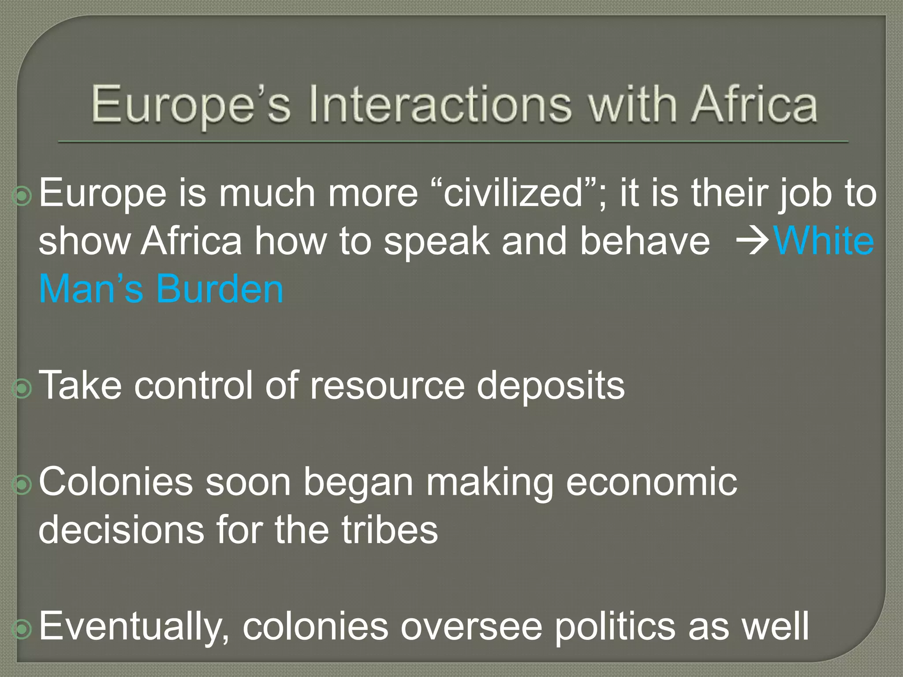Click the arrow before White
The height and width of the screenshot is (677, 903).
753,241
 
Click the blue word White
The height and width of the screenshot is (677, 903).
824,241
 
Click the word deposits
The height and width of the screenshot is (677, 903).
551,386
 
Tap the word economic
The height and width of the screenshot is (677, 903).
651,482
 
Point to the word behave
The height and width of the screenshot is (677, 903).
645,241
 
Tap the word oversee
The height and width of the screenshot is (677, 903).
471,626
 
